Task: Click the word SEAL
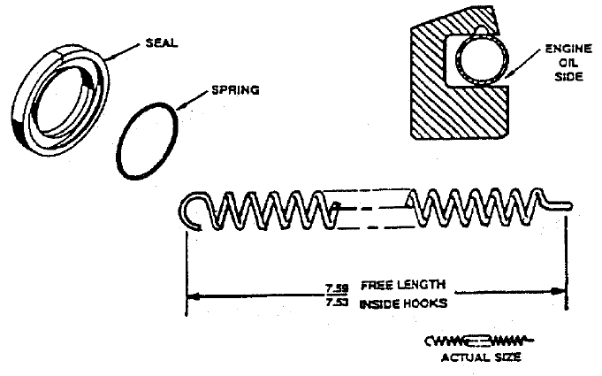click(x=164, y=42)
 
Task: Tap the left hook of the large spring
click(x=189, y=213)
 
